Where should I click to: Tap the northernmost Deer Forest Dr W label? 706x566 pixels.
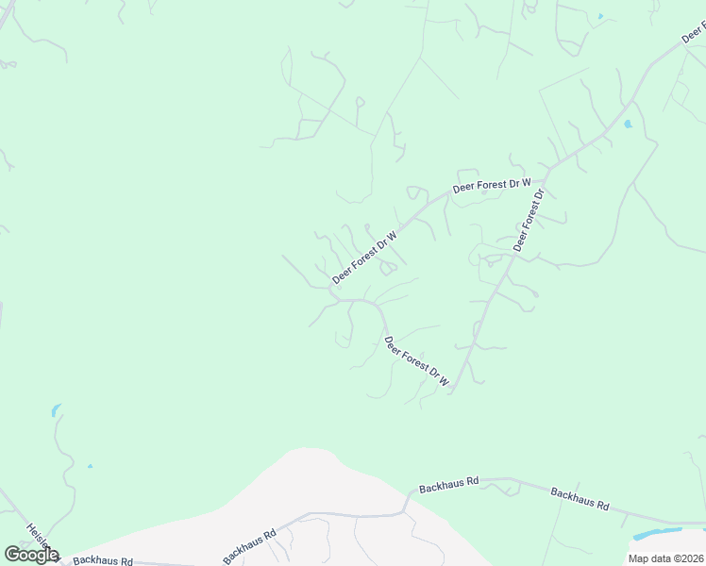pyautogui.click(x=492, y=185)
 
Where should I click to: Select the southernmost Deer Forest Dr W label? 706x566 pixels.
pyautogui.click(x=416, y=361)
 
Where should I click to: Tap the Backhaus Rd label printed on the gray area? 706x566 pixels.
pyautogui.click(x=249, y=547)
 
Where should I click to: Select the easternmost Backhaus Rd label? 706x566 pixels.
pyautogui.click(x=580, y=497)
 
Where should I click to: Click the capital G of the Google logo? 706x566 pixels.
pyautogui.click(x=13, y=555)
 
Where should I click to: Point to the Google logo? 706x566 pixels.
pyautogui.click(x=31, y=555)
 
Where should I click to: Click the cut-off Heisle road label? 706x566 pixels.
pyautogui.click(x=38, y=536)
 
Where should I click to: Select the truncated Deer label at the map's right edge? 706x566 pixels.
pyautogui.click(x=694, y=32)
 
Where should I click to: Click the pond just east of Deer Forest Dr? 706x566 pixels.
pyautogui.click(x=627, y=124)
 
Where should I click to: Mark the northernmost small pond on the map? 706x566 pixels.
pyautogui.click(x=599, y=17)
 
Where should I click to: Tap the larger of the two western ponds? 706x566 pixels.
pyautogui.click(x=56, y=410)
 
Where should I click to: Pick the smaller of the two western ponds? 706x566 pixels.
pyautogui.click(x=90, y=465)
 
